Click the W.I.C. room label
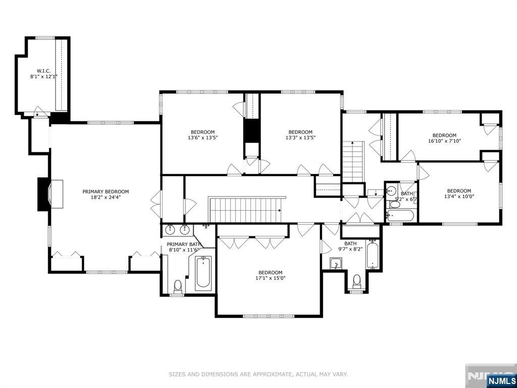pyautogui.click(x=43, y=71)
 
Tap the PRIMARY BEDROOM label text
pyautogui.click(x=106, y=191)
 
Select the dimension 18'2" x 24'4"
pyautogui.click(x=106, y=198)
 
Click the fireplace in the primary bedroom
pyautogui.click(x=51, y=195)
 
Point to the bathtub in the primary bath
pyautogui.click(x=202, y=273)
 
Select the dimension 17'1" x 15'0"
pyautogui.click(x=270, y=278)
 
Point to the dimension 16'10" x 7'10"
pyautogui.click(x=444, y=141)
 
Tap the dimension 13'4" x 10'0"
pyautogui.click(x=459, y=197)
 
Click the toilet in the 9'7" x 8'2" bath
pyautogui.click(x=356, y=280)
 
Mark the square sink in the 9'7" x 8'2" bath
pyautogui.click(x=336, y=264)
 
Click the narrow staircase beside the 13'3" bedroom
pyautogui.click(x=353, y=162)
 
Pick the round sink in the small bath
pyautogui.click(x=392, y=191)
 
